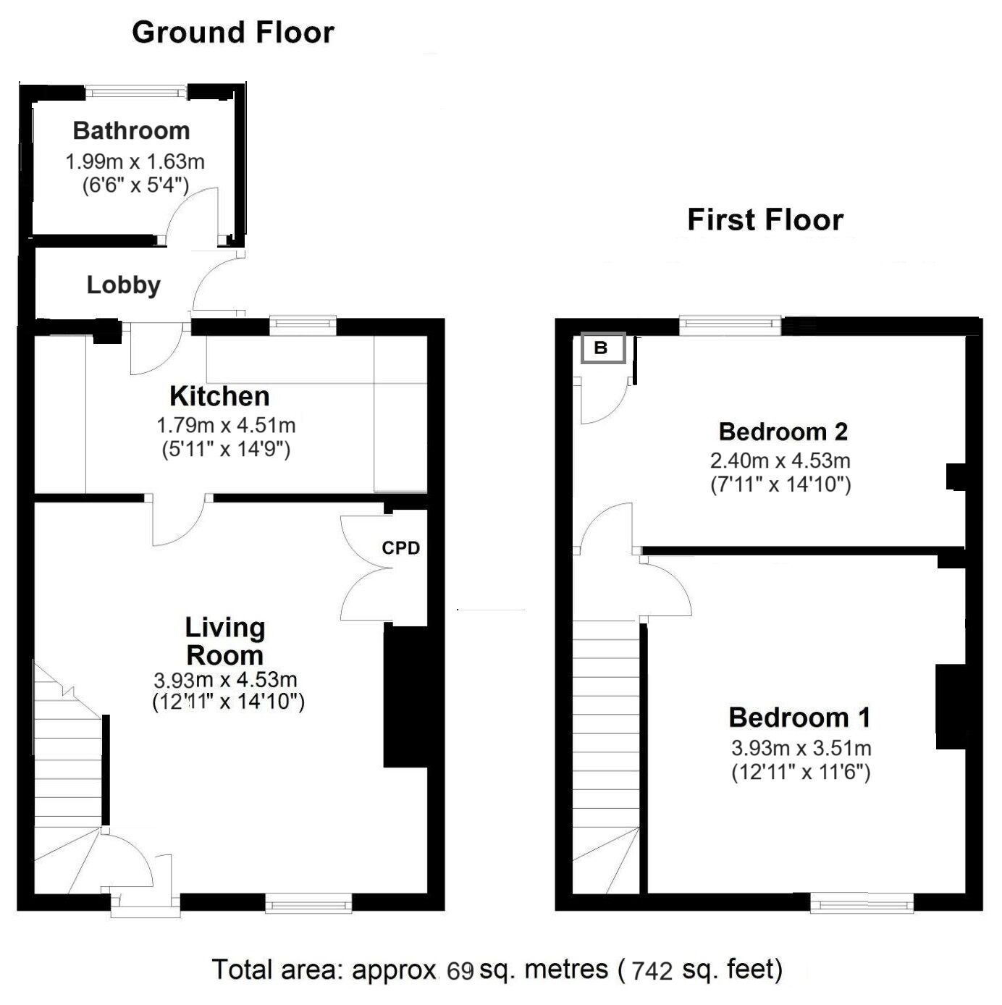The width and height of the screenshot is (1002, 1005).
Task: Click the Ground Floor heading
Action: (x=232, y=33)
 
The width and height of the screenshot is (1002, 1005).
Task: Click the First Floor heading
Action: (x=765, y=220)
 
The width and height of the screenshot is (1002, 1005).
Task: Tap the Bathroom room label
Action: (x=131, y=131)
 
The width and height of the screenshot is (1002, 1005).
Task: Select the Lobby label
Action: (x=123, y=285)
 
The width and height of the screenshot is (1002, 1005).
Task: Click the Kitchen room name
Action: (x=219, y=397)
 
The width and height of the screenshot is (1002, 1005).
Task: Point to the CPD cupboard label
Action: (x=400, y=548)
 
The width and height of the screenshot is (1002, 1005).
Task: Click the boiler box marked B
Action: (x=601, y=348)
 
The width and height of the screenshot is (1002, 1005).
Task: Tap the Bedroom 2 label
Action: (x=783, y=432)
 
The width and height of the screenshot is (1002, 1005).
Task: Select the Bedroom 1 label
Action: (x=799, y=718)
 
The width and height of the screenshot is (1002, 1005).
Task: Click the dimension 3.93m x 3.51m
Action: (x=801, y=748)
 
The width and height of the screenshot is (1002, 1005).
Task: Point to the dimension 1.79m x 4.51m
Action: (x=226, y=425)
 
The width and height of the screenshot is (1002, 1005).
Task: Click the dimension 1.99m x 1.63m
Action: (x=135, y=161)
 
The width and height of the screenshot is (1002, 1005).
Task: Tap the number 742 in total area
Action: (x=652, y=970)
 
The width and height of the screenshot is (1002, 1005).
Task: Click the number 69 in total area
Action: (x=460, y=970)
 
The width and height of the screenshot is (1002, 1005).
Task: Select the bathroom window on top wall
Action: (x=136, y=92)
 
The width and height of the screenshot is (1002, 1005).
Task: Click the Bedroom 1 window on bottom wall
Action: (x=862, y=901)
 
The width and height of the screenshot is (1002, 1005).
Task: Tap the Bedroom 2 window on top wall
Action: (x=730, y=326)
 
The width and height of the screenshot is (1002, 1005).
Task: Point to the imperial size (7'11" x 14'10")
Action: (x=780, y=484)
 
